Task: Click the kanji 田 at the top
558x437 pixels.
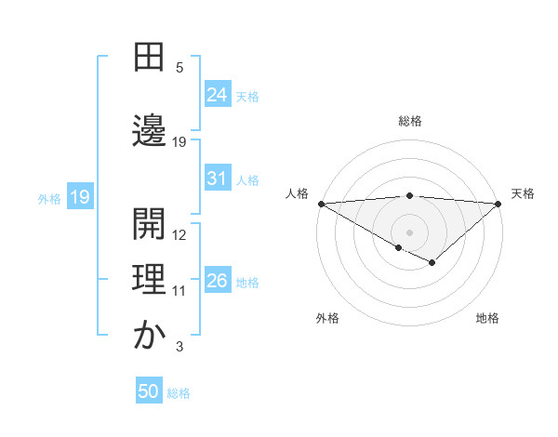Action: point(149,59)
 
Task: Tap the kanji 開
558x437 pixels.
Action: point(149,220)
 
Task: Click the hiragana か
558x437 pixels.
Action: point(149,334)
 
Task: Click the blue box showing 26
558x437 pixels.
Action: point(218,280)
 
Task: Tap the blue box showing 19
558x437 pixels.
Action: point(79,197)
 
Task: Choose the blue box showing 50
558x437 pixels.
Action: point(149,391)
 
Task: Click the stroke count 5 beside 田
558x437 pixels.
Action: point(179,67)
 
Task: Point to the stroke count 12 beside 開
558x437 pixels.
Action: point(179,234)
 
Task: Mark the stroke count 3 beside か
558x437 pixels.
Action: point(179,347)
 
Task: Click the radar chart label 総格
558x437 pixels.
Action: point(409,121)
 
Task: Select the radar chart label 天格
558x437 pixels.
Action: point(523,193)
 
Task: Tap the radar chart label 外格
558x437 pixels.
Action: point(327,318)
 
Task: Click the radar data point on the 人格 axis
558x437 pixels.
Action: point(321,203)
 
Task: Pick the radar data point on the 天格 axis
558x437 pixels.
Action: point(498,203)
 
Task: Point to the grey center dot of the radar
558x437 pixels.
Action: point(409,232)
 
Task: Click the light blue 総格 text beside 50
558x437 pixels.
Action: point(179,393)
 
